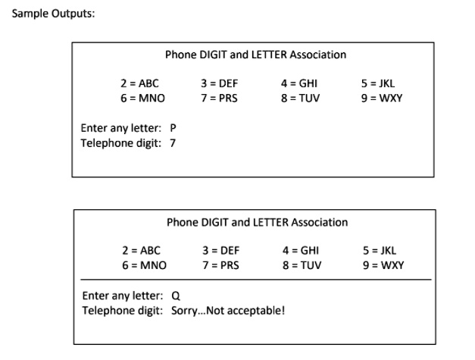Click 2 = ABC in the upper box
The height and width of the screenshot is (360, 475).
point(134,83)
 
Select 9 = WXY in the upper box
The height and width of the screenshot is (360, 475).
point(383,98)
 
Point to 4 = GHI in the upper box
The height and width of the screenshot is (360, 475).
point(298,83)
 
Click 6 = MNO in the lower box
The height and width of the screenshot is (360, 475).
point(144,265)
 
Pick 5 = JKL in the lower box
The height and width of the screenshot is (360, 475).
point(381,251)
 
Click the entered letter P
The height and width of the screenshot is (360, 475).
point(173,128)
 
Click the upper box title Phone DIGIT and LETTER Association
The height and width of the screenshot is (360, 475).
point(255,55)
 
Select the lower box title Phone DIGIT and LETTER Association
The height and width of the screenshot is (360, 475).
point(257,222)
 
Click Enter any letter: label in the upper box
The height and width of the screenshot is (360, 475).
point(121,128)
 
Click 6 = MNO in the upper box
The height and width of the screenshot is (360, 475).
point(142,98)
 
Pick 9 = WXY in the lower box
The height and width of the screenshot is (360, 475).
point(384,265)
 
